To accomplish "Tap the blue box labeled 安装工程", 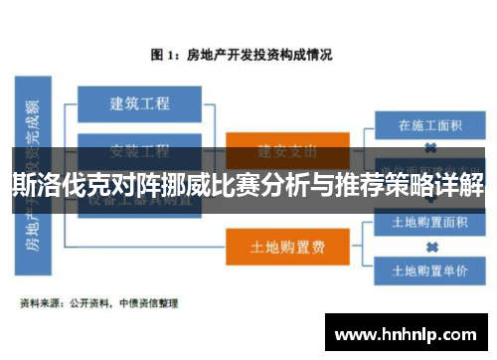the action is [139, 151].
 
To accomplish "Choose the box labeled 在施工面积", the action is [430, 126].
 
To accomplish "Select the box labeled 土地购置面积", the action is [430, 222].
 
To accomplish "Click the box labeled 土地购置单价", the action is [430, 269].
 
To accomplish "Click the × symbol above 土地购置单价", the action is [430, 246].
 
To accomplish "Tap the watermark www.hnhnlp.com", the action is [408, 328].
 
